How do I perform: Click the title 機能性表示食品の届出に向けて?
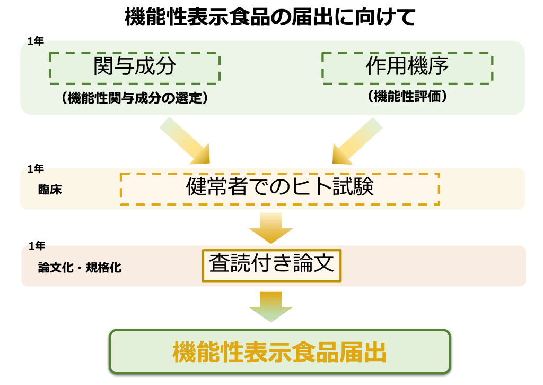point(270,18)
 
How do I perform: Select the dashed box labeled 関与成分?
point(135,67)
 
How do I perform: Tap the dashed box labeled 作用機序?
point(407,67)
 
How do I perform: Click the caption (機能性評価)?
point(407,97)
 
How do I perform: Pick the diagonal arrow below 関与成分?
point(185,140)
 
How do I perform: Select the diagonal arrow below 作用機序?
point(357,140)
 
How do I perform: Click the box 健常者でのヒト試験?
point(280,188)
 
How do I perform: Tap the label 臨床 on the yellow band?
point(50,190)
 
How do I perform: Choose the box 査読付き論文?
point(271,264)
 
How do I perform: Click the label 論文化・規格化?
point(80,267)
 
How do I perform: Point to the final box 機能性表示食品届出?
point(279,352)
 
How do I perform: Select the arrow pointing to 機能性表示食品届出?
point(271,306)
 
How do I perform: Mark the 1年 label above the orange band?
point(37,246)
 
